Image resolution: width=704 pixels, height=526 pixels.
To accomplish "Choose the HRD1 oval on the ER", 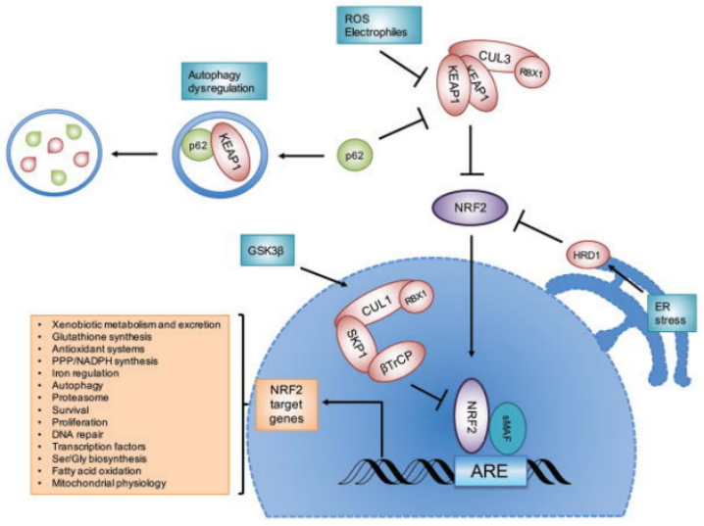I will pyautogui.click(x=585, y=254).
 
